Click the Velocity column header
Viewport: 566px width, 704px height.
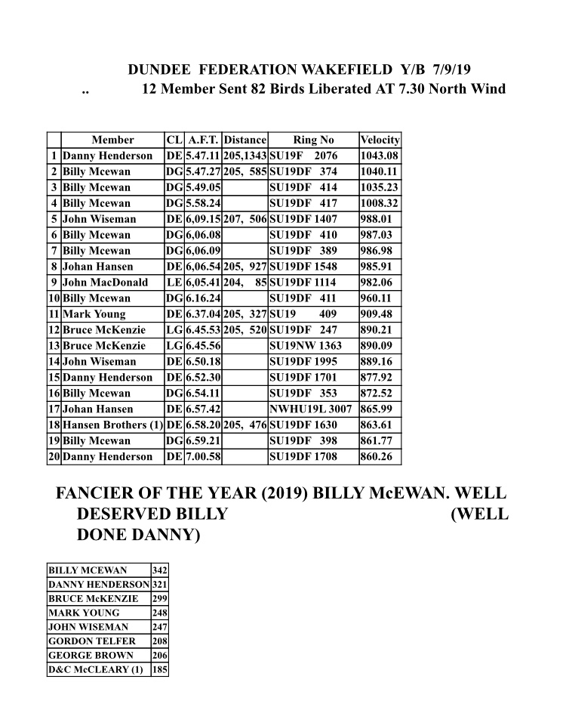click(380, 140)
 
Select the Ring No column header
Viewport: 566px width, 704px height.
click(313, 140)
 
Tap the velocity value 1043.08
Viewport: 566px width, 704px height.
click(380, 156)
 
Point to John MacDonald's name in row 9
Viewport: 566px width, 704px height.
click(105, 283)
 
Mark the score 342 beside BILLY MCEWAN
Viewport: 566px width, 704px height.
click(159, 570)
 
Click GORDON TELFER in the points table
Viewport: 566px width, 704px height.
click(82, 641)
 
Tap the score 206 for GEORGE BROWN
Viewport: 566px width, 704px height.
click(159, 656)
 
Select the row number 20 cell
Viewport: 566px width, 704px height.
click(54, 457)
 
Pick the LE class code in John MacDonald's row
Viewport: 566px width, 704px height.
click(173, 283)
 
